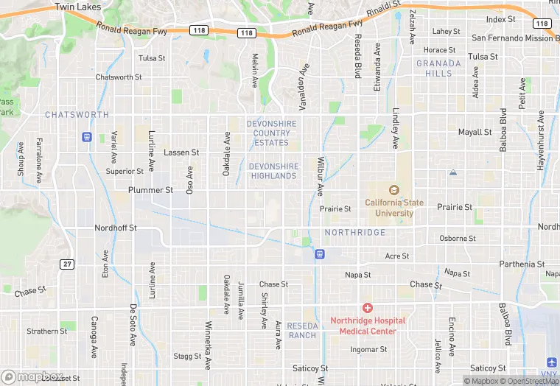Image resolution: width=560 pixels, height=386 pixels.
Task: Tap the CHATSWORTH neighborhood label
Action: pos(77,115)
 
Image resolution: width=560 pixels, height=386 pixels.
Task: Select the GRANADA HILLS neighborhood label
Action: pos(438,69)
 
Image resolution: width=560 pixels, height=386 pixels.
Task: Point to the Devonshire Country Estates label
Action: pos(271,133)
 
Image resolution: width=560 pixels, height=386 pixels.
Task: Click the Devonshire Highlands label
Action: pos(273,171)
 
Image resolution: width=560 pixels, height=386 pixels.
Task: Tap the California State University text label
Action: pos(389,208)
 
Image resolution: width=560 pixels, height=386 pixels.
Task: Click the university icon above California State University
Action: pos(392,189)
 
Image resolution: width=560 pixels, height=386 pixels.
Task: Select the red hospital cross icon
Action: pos(367,307)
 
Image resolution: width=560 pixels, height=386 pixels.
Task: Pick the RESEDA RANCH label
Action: pos(302,330)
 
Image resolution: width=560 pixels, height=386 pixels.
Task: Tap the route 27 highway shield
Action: pos(67,263)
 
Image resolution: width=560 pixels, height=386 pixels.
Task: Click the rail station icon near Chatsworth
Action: pos(86,136)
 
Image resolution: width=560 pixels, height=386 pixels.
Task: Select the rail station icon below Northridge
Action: pos(320,254)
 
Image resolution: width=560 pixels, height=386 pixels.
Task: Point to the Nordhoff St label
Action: pos(116,228)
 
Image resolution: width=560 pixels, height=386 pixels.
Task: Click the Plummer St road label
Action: pos(150,190)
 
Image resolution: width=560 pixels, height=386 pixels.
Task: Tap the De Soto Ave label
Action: pos(134,323)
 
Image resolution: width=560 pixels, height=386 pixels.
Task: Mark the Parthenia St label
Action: pos(522,264)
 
